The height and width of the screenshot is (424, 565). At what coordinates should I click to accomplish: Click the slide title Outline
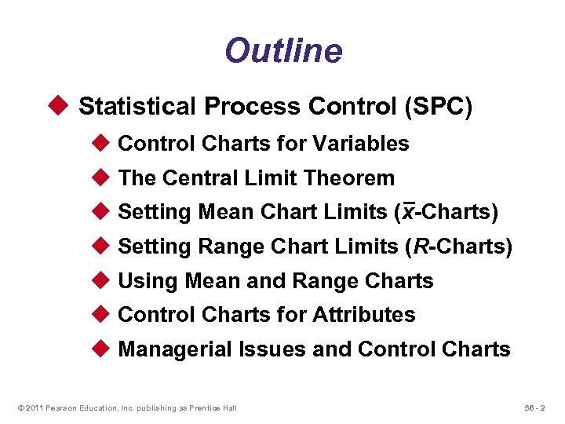click(283, 51)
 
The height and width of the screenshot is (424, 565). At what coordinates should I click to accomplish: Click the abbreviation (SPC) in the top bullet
click(438, 107)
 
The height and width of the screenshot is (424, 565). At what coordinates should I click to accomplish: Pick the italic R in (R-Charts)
click(421, 247)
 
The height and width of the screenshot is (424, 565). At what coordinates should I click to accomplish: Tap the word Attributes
click(364, 316)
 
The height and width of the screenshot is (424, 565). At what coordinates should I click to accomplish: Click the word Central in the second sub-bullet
click(191, 178)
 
